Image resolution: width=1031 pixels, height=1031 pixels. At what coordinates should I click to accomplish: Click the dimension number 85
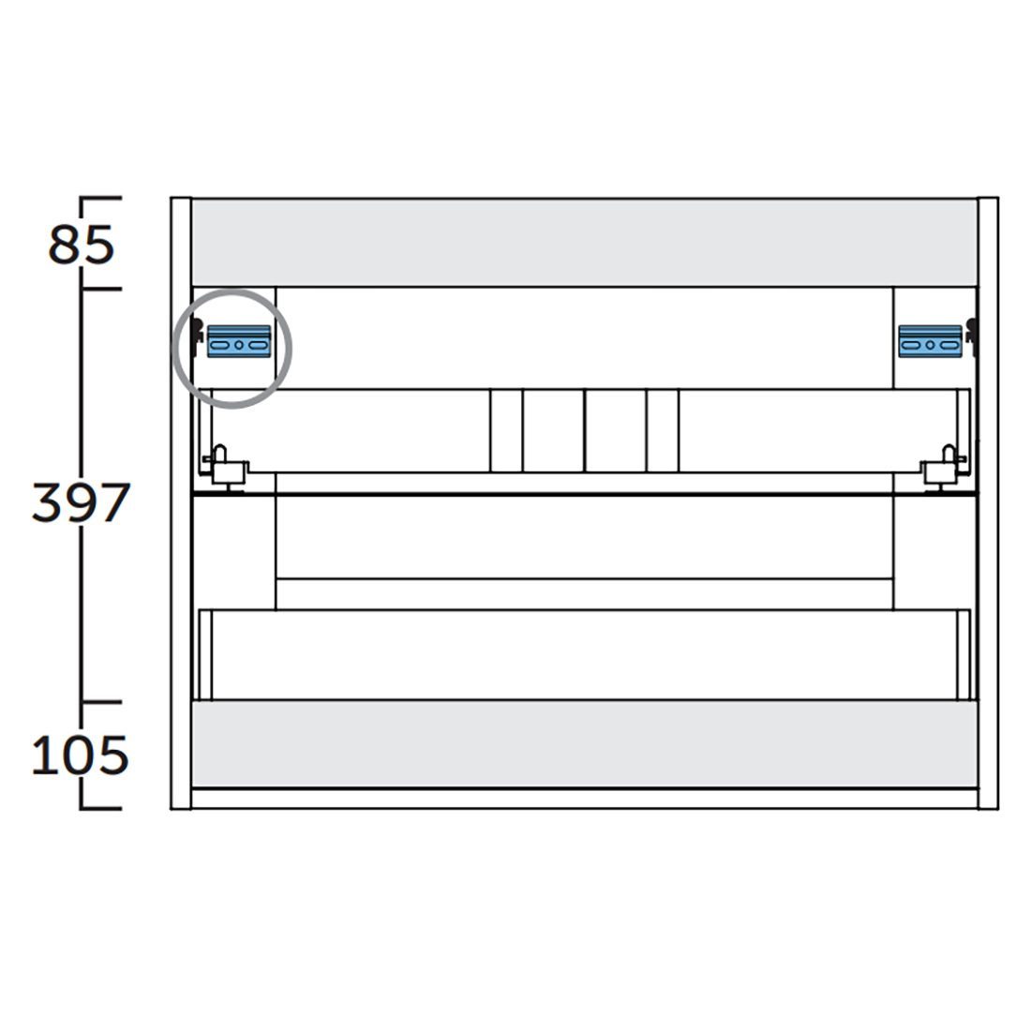(81, 246)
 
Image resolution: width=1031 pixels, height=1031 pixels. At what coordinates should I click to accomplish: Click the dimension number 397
(81, 503)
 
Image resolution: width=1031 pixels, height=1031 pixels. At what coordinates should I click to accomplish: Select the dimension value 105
(80, 755)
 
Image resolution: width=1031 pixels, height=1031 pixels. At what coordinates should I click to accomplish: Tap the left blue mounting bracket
(239, 341)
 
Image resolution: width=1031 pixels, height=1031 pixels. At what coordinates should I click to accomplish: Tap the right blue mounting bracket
(930, 341)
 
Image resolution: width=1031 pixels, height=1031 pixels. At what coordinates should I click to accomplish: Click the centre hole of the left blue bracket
(239, 345)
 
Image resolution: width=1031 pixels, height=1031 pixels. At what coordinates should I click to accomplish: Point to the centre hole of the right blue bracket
(930, 345)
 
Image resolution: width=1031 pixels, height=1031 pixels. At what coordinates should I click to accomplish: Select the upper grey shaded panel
(585, 242)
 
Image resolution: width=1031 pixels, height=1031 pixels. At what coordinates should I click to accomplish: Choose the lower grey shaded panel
(585, 743)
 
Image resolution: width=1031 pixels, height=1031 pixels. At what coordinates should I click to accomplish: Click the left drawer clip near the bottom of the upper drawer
(225, 468)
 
